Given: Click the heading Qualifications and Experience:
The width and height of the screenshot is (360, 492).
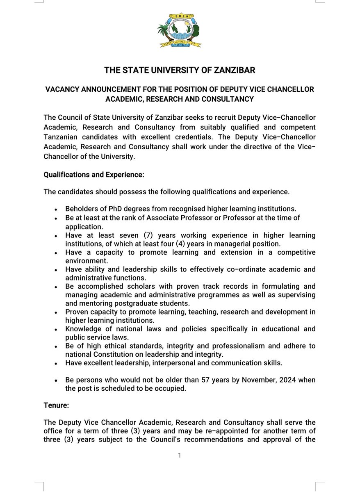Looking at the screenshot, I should coord(94,175).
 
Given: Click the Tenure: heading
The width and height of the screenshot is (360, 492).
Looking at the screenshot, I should coord(56,405).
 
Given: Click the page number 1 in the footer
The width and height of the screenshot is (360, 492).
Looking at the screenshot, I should coord(180,455).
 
